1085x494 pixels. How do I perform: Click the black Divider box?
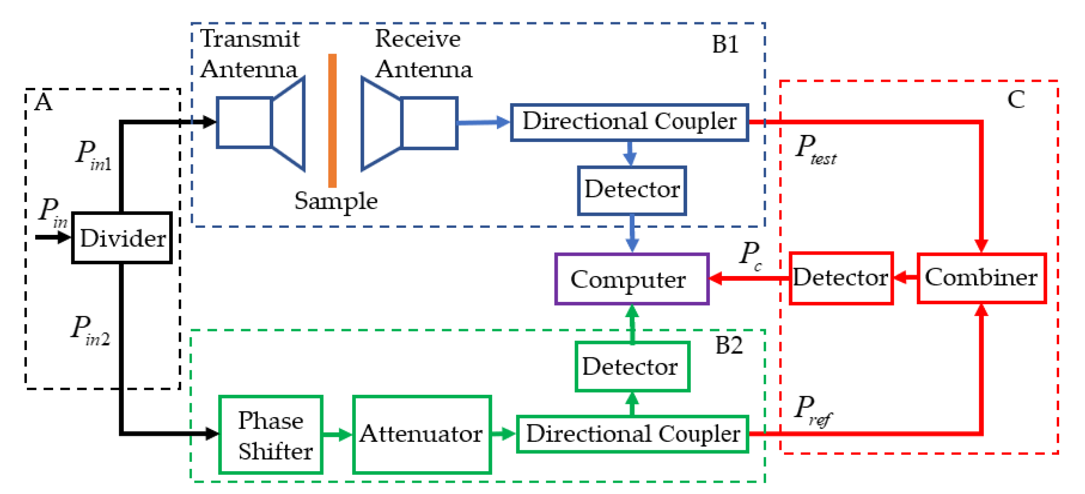tap(122, 238)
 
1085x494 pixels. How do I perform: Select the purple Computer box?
tap(631, 280)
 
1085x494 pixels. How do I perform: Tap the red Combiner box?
tap(981, 278)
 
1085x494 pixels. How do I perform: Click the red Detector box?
tap(840, 278)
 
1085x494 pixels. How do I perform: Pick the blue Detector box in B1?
tap(631, 190)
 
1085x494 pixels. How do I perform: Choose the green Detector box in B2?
tap(632, 367)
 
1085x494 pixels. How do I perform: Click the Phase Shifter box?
tap(271, 435)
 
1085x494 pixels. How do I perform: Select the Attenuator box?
tap(421, 435)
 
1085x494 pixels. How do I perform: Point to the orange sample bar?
tap(332, 121)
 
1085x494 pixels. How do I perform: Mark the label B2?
tap(729, 345)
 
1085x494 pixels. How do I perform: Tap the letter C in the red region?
tap(1016, 100)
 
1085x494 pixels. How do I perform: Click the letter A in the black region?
tap(44, 102)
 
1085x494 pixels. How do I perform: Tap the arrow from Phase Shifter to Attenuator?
tap(337, 434)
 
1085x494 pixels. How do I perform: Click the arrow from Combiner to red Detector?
tap(905, 278)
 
